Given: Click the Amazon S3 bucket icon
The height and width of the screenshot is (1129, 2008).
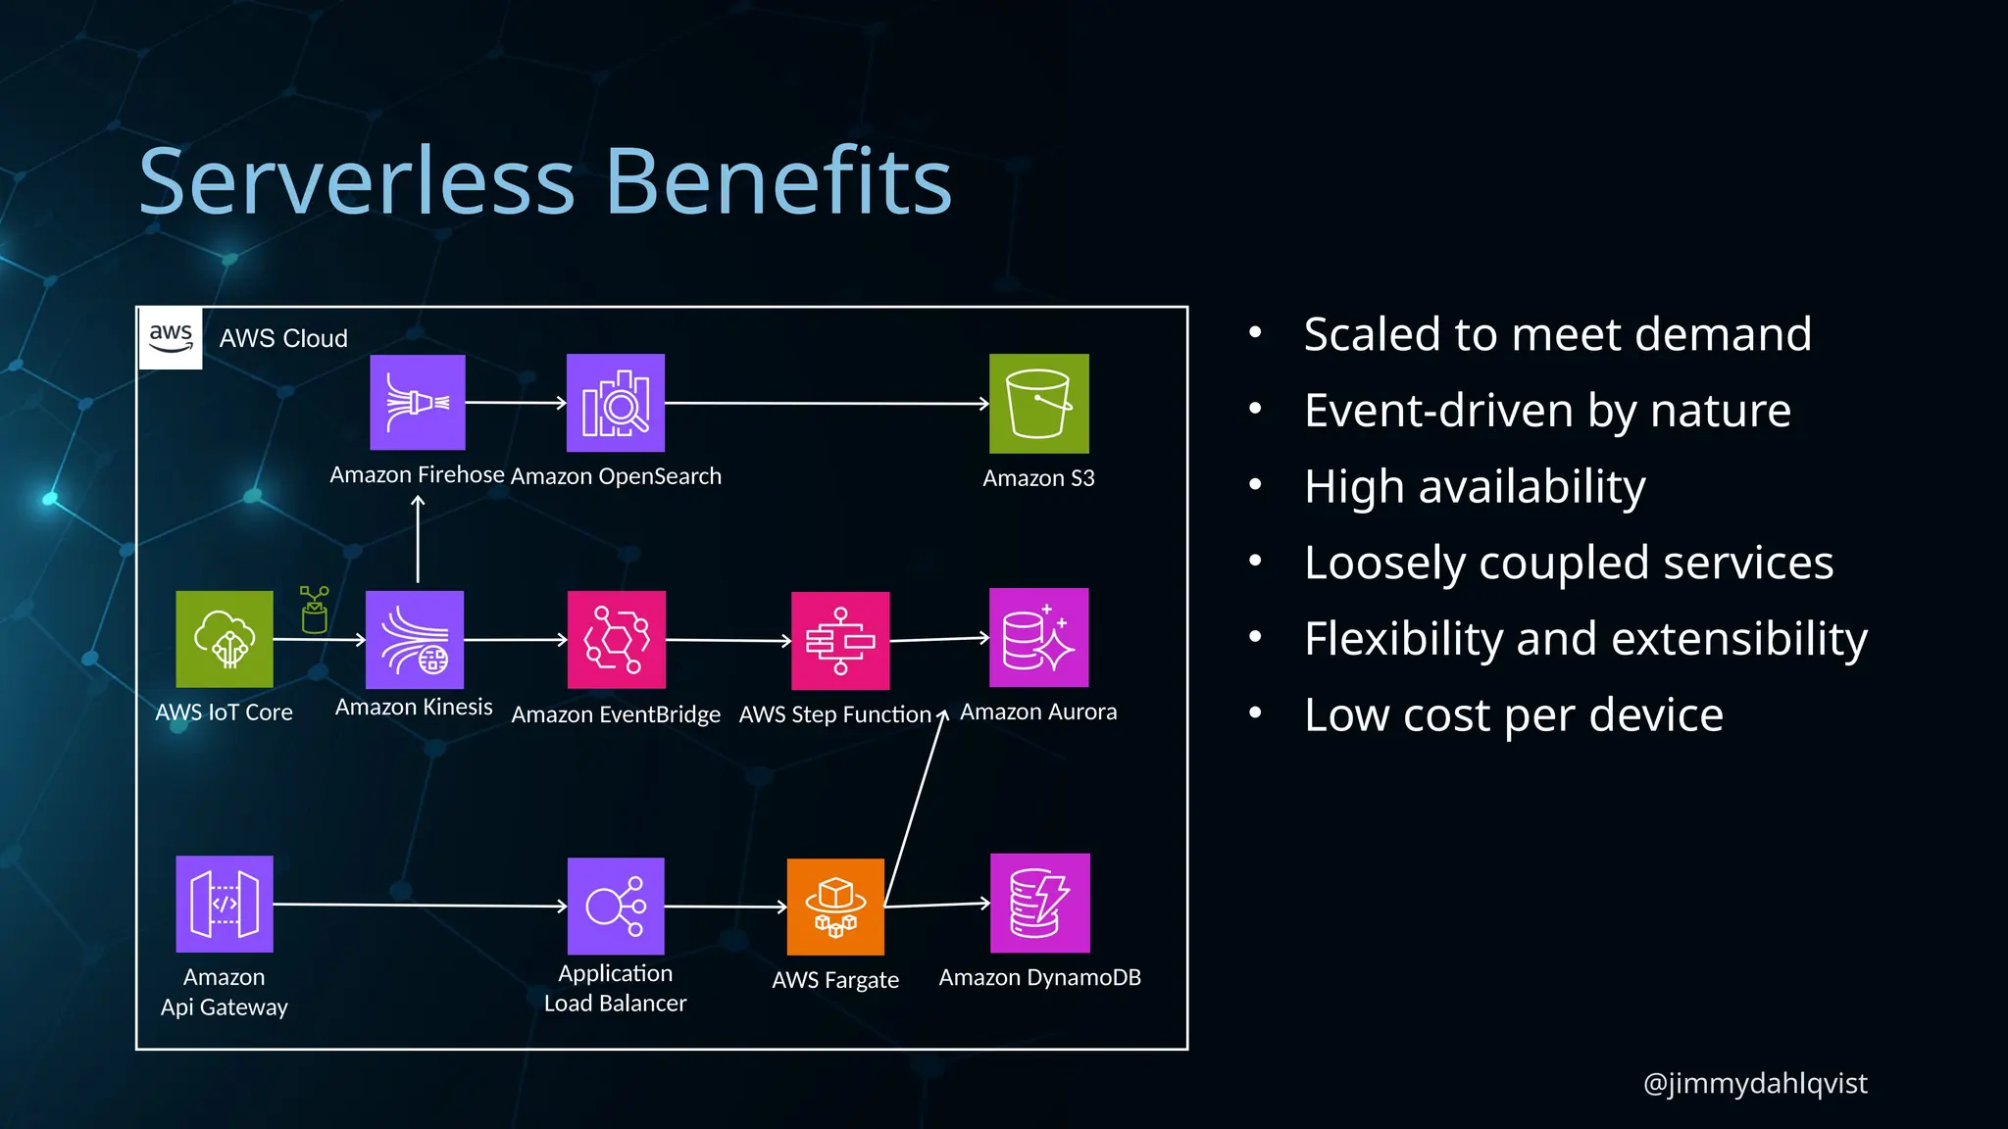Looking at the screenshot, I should (x=1038, y=404).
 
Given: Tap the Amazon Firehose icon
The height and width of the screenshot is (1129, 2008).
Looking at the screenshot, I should (x=418, y=403).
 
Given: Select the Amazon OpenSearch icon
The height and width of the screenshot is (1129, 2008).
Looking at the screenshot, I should (x=616, y=403).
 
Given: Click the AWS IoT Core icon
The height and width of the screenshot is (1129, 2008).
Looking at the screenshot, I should (x=225, y=639).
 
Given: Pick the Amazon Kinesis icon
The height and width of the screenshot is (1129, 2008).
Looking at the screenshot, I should (x=415, y=639).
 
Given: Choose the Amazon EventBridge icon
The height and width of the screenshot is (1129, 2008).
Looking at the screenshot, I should (x=617, y=639).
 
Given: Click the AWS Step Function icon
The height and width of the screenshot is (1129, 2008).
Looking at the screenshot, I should (x=840, y=640).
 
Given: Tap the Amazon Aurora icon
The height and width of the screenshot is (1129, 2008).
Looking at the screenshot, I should (x=1038, y=638).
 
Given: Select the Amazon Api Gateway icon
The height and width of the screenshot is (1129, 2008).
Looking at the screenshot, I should (x=225, y=904).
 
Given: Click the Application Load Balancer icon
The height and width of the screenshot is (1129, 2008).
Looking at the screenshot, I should (x=616, y=907).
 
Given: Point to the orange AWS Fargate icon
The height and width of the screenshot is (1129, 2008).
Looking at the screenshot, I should (x=835, y=907).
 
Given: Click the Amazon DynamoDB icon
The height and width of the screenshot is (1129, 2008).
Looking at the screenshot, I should (x=1039, y=903).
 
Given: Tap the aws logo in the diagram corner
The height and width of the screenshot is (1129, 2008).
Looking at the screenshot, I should (x=171, y=338).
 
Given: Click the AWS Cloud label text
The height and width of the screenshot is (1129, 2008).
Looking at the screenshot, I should (x=283, y=338).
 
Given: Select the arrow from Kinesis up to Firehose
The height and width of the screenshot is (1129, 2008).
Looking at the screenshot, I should (x=418, y=539).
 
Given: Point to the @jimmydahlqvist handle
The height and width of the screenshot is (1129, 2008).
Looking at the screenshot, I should (x=1755, y=1083).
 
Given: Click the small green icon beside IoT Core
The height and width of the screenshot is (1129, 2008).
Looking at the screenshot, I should (x=314, y=610).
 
